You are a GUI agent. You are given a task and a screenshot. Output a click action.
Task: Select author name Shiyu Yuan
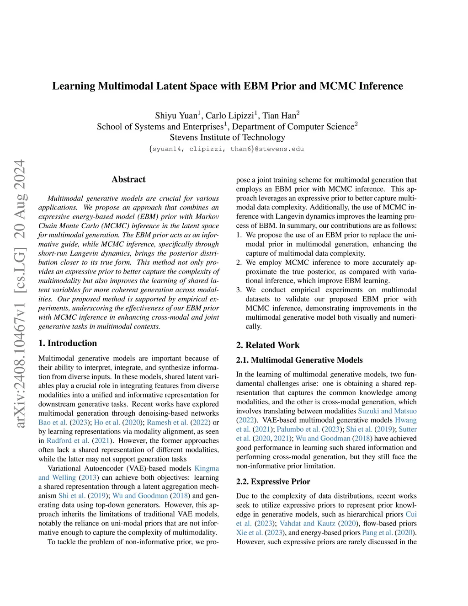(x=176, y=115)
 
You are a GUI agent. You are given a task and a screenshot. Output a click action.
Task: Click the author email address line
(x=226, y=149)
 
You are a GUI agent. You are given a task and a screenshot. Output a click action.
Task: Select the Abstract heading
(x=128, y=179)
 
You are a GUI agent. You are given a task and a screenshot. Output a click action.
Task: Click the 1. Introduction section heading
(x=68, y=343)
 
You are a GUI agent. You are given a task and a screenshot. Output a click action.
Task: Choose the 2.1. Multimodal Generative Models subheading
(x=299, y=360)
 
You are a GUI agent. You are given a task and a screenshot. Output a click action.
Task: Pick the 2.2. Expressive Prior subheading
(x=273, y=482)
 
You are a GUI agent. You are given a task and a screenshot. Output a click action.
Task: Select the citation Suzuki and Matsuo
(x=387, y=411)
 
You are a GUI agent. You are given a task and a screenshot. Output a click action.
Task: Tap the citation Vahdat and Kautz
(x=307, y=523)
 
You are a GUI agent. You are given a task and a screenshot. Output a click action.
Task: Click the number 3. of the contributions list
(x=239, y=290)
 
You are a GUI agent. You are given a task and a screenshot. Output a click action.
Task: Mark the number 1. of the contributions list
(x=239, y=235)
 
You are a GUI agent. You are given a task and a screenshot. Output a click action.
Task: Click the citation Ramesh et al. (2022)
(x=179, y=422)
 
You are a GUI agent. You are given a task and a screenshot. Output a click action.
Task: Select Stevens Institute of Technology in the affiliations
(x=227, y=137)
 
